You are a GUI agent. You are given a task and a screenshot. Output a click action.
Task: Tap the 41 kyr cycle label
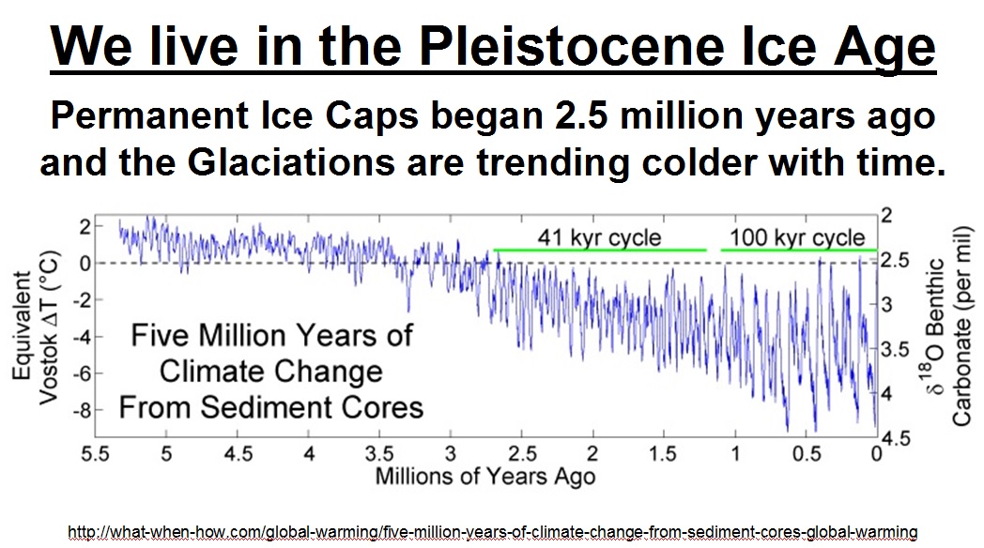point(599,236)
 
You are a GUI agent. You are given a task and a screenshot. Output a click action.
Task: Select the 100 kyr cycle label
point(798,236)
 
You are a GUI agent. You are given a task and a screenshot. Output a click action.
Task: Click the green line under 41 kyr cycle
point(599,251)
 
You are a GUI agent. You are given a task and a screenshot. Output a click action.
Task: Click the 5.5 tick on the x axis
point(97,454)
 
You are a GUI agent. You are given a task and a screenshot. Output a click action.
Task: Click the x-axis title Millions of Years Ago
point(485,476)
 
